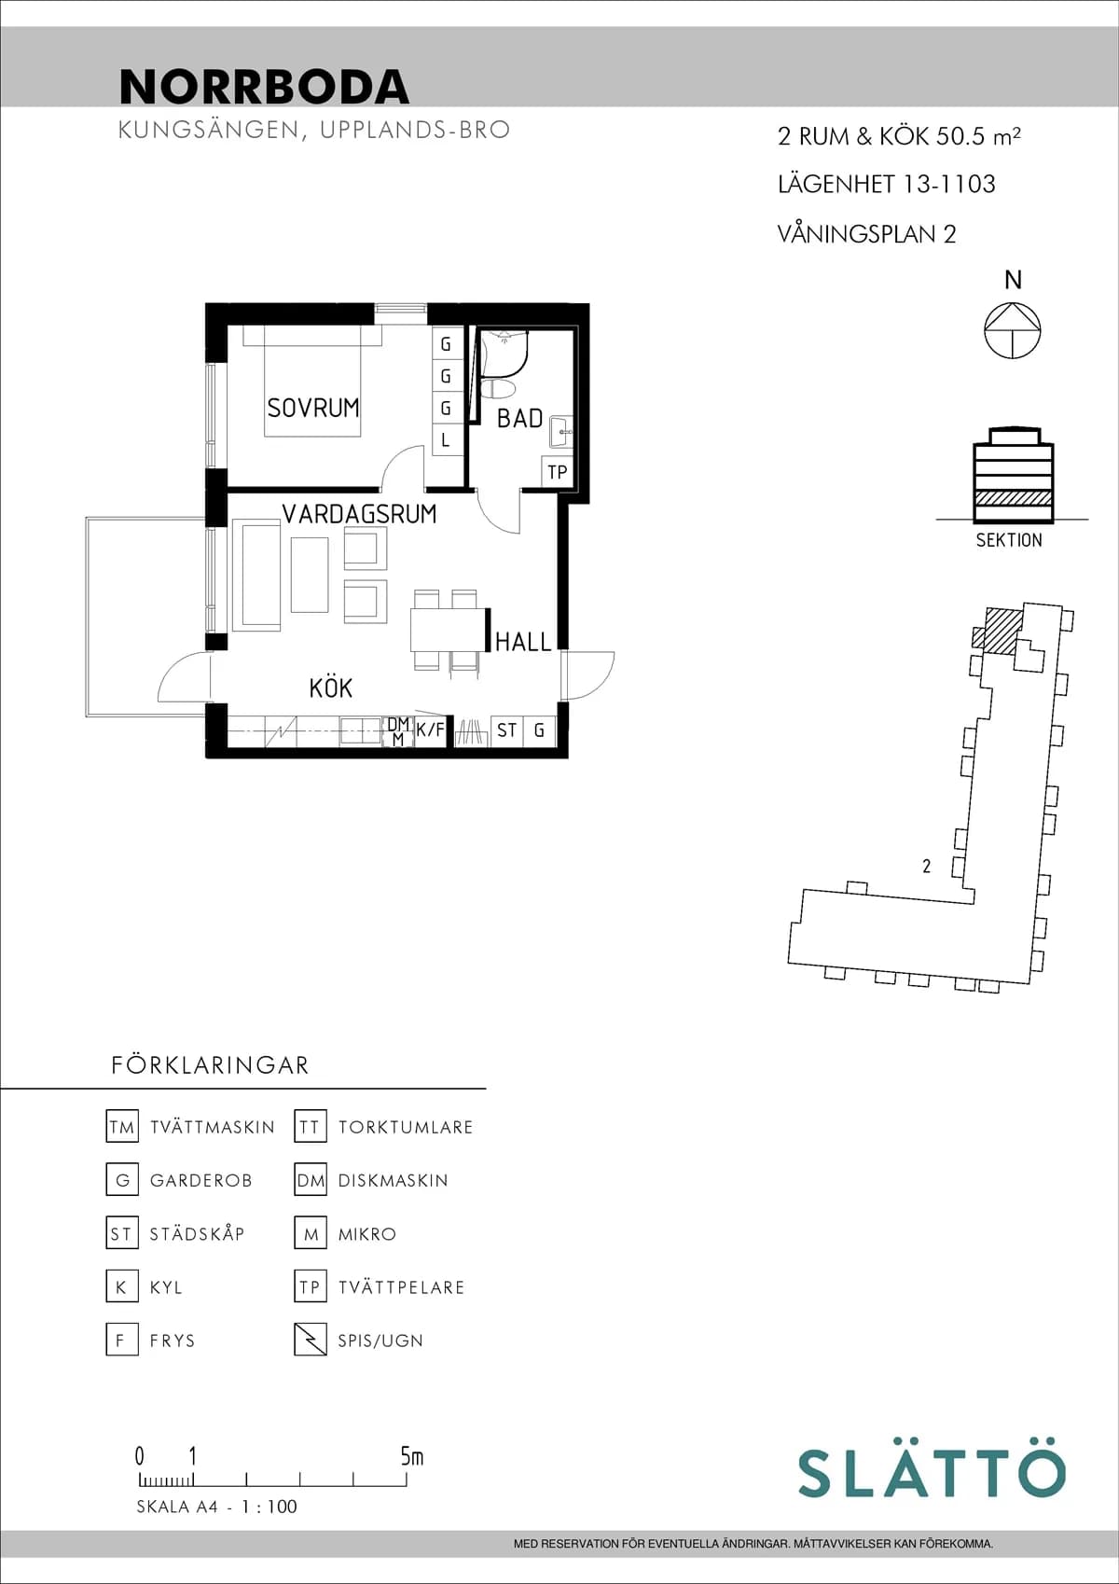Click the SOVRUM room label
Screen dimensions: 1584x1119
coord(312,408)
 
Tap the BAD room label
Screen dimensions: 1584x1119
coord(519,419)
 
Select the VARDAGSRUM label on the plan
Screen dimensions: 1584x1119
coord(359,514)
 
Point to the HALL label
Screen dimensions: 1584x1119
coord(523,642)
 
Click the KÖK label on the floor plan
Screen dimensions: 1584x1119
coord(330,688)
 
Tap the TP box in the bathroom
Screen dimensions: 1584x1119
coord(557,472)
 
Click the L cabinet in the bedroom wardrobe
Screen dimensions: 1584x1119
coord(446,440)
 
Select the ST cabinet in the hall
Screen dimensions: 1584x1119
coord(506,730)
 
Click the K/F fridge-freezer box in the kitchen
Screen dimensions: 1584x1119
coord(430,730)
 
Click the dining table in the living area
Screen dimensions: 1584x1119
coord(449,630)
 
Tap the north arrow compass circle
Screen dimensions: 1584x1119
coord(1013,331)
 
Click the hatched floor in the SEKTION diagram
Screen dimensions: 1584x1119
coord(1014,498)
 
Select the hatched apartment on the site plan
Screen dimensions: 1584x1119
coord(1002,631)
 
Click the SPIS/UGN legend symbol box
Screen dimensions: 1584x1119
coord(311,1340)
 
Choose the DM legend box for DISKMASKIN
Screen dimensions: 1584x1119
coord(311,1180)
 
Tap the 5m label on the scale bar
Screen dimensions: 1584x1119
coord(411,1456)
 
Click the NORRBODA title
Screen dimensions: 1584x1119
coord(264,87)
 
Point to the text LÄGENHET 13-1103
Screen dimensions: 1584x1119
coord(886,185)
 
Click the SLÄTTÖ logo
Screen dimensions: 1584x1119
coord(931,1473)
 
